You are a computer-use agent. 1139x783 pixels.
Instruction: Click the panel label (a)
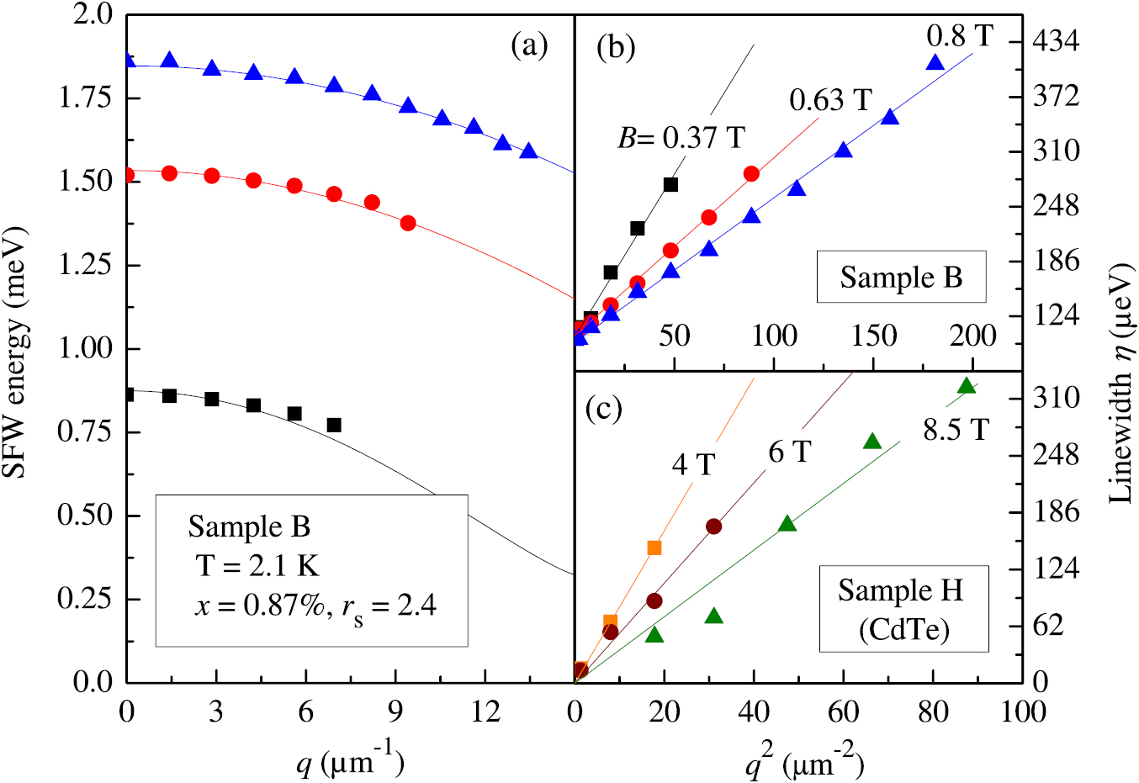[529, 45]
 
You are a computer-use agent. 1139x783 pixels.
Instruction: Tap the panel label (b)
[615, 47]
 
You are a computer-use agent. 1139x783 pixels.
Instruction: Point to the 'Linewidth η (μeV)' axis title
[1120, 384]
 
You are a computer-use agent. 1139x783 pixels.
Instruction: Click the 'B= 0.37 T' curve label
[681, 137]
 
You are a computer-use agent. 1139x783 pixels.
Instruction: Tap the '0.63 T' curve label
[830, 100]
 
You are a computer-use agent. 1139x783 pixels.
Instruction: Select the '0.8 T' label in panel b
[960, 35]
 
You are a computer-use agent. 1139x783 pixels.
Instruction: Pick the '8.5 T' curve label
[956, 430]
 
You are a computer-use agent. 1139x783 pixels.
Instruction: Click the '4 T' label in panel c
[693, 464]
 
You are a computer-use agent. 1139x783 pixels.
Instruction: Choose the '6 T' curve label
[789, 452]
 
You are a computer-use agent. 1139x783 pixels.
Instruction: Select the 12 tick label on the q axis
[485, 712]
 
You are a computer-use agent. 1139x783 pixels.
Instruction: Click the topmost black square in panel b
[670, 184]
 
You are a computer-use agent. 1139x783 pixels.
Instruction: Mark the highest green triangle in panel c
[967, 385]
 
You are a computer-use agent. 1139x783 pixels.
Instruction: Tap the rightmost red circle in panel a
[408, 223]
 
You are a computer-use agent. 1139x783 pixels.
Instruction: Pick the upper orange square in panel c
[654, 548]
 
